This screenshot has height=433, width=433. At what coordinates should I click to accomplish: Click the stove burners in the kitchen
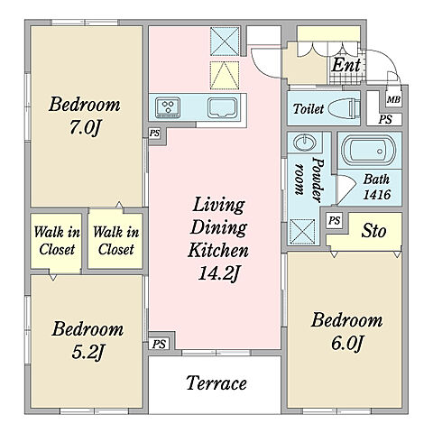pos(168,107)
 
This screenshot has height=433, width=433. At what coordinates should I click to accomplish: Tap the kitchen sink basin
pos(222,107)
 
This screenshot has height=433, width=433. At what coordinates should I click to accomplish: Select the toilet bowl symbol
pos(344,108)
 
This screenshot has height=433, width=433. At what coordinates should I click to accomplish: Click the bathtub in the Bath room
pos(369,150)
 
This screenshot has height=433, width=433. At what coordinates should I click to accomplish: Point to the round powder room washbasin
pos(304,143)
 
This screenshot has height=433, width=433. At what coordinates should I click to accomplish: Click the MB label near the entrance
pos(393,99)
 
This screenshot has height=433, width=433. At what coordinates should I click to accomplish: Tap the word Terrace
pos(216,383)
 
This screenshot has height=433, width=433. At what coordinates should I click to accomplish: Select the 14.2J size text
pos(219,273)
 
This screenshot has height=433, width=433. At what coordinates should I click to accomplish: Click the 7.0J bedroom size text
pos(85,128)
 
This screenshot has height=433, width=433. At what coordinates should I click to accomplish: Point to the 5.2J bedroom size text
pos(88,352)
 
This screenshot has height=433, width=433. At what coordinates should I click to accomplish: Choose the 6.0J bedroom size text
pos(347,343)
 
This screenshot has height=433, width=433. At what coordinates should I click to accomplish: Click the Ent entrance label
pos(345,65)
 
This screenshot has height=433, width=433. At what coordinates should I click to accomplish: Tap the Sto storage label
pos(373,231)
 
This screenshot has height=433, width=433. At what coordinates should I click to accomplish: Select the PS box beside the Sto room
pos(335,220)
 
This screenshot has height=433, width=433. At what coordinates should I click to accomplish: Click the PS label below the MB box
pos(385,119)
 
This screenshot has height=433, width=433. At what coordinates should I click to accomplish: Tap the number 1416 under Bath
pos(376,195)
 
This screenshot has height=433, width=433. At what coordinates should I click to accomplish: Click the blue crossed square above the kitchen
pos(225,41)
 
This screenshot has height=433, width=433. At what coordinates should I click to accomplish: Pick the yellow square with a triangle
pos(225,76)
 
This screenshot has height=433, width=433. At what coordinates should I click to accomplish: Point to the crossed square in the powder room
pos(302,232)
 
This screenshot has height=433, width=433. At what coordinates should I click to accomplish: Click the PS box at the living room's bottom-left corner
pos(159,344)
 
